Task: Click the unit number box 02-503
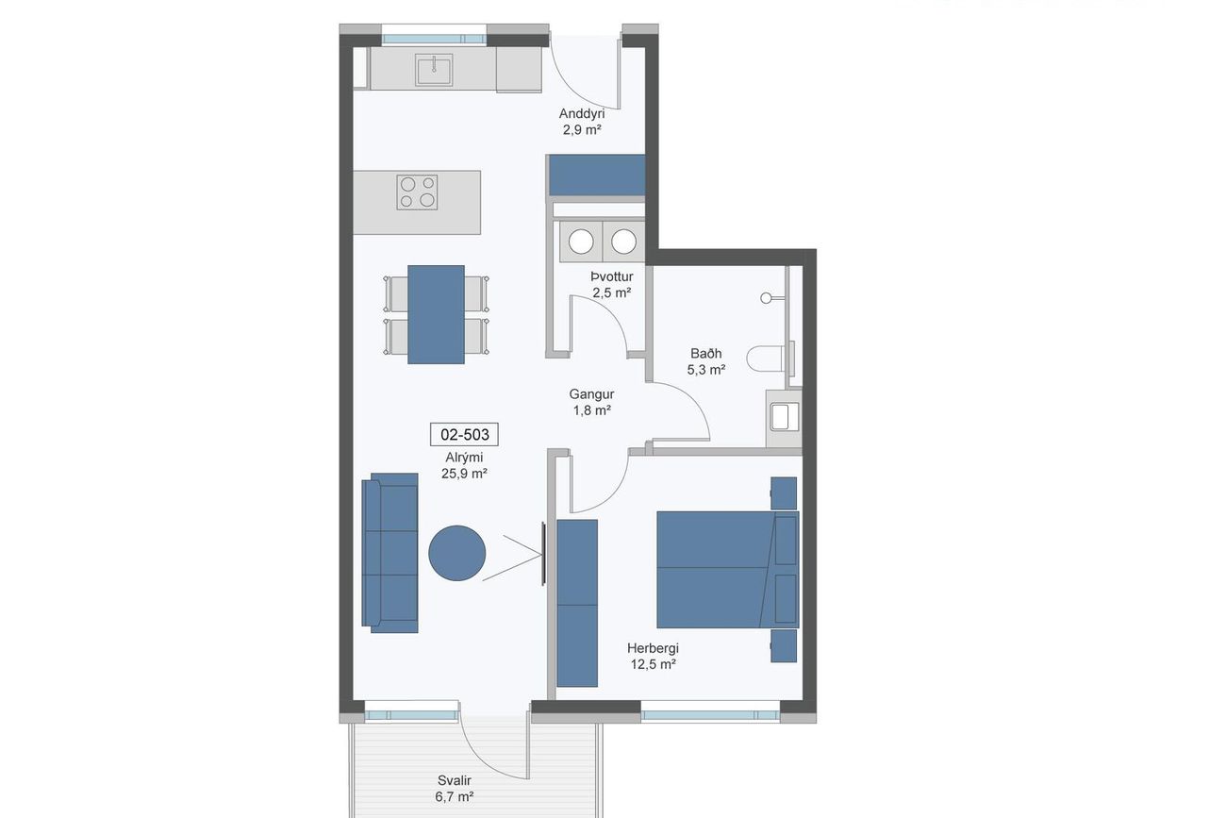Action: [464, 434]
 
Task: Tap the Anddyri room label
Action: [582, 114]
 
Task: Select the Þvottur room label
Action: [612, 276]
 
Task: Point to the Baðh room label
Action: [706, 353]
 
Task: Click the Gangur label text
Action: [591, 393]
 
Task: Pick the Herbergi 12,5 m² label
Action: [653, 656]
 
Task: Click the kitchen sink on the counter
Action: [434, 70]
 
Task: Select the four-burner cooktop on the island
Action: [417, 192]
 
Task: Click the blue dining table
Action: [437, 315]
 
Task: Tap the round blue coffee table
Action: [457, 553]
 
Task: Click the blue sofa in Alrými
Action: [389, 553]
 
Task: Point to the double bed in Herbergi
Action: [728, 570]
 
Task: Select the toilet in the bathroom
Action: [765, 359]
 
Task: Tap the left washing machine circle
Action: [581, 242]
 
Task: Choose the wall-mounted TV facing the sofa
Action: [543, 554]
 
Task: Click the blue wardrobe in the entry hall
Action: [597, 175]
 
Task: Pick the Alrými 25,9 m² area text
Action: [464, 465]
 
